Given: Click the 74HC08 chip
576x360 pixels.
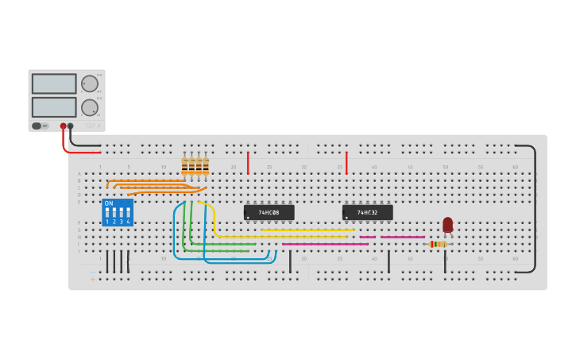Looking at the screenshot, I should (x=269, y=212).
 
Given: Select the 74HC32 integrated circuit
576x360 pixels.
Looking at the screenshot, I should (x=367, y=212).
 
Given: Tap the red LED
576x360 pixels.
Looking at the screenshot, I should (x=447, y=225).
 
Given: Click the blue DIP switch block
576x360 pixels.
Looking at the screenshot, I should (x=117, y=212).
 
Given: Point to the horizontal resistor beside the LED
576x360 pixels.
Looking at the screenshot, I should (x=438, y=244).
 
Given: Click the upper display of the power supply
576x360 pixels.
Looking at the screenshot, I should (x=54, y=83).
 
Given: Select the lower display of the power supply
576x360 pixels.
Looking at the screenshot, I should (x=54, y=106).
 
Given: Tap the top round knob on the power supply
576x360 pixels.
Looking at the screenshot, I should (x=90, y=83).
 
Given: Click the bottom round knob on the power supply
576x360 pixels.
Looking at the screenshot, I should (x=90, y=107).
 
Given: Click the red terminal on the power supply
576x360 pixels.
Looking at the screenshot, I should (x=63, y=126).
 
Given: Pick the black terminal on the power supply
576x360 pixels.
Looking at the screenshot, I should (x=71, y=126).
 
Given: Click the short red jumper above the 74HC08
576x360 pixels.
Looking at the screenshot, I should (x=248, y=162).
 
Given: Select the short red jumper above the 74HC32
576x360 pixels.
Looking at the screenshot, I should (x=346, y=162).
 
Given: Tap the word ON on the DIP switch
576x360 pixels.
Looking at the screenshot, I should (x=109, y=203).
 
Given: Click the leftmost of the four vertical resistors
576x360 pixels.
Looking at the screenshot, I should (x=184, y=166).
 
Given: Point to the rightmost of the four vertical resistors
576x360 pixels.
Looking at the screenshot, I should (x=206, y=166).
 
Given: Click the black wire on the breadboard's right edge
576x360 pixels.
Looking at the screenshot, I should (x=535, y=208).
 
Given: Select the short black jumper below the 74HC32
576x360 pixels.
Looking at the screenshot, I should (x=389, y=261).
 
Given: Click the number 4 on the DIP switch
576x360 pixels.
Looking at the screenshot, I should (x=128, y=222).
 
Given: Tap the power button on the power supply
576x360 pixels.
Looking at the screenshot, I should (x=37, y=126).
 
